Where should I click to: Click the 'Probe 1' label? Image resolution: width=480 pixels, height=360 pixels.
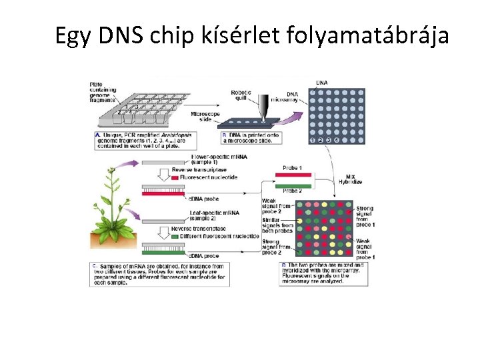click(292, 167)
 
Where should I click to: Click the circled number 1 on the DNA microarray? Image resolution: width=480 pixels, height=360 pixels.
click(312, 140)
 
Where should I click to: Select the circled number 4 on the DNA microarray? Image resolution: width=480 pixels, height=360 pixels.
click(337, 140)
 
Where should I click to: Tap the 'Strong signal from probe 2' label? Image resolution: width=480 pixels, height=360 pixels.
click(271, 247)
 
